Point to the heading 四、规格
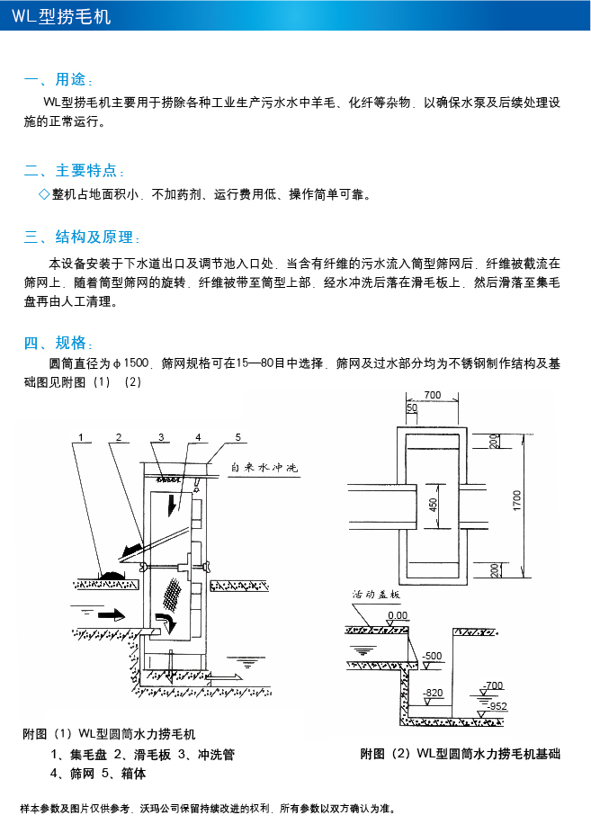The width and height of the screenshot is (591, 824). point(58,342)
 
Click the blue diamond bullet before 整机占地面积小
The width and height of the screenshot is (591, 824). point(43,194)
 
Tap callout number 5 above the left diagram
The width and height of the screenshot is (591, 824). point(238,437)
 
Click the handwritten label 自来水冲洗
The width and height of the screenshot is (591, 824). point(264,469)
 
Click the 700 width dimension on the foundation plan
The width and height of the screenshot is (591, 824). point(433,395)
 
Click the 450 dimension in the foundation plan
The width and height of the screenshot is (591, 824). point(433,507)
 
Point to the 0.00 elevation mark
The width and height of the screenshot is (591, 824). point(397,616)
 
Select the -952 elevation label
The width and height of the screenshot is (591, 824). point(497,706)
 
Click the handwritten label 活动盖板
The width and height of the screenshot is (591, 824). point(376,596)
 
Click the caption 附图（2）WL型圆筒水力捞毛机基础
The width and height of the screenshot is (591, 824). point(460,754)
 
